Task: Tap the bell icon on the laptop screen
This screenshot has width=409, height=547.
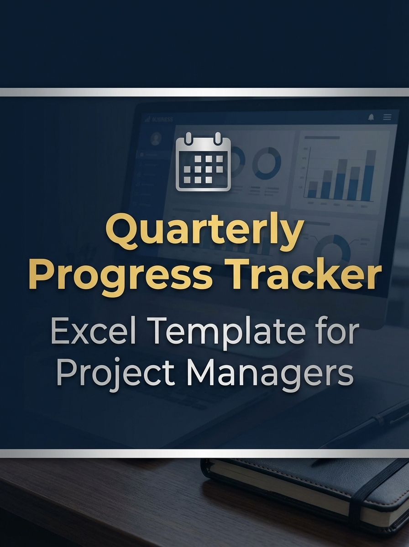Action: tap(371, 118)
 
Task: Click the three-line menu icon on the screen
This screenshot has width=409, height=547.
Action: tap(387, 118)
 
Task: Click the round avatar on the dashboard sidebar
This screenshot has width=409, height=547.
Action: tap(156, 139)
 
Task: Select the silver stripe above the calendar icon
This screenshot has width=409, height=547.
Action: tap(204, 92)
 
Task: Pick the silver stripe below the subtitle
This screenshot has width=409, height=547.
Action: tap(204, 453)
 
